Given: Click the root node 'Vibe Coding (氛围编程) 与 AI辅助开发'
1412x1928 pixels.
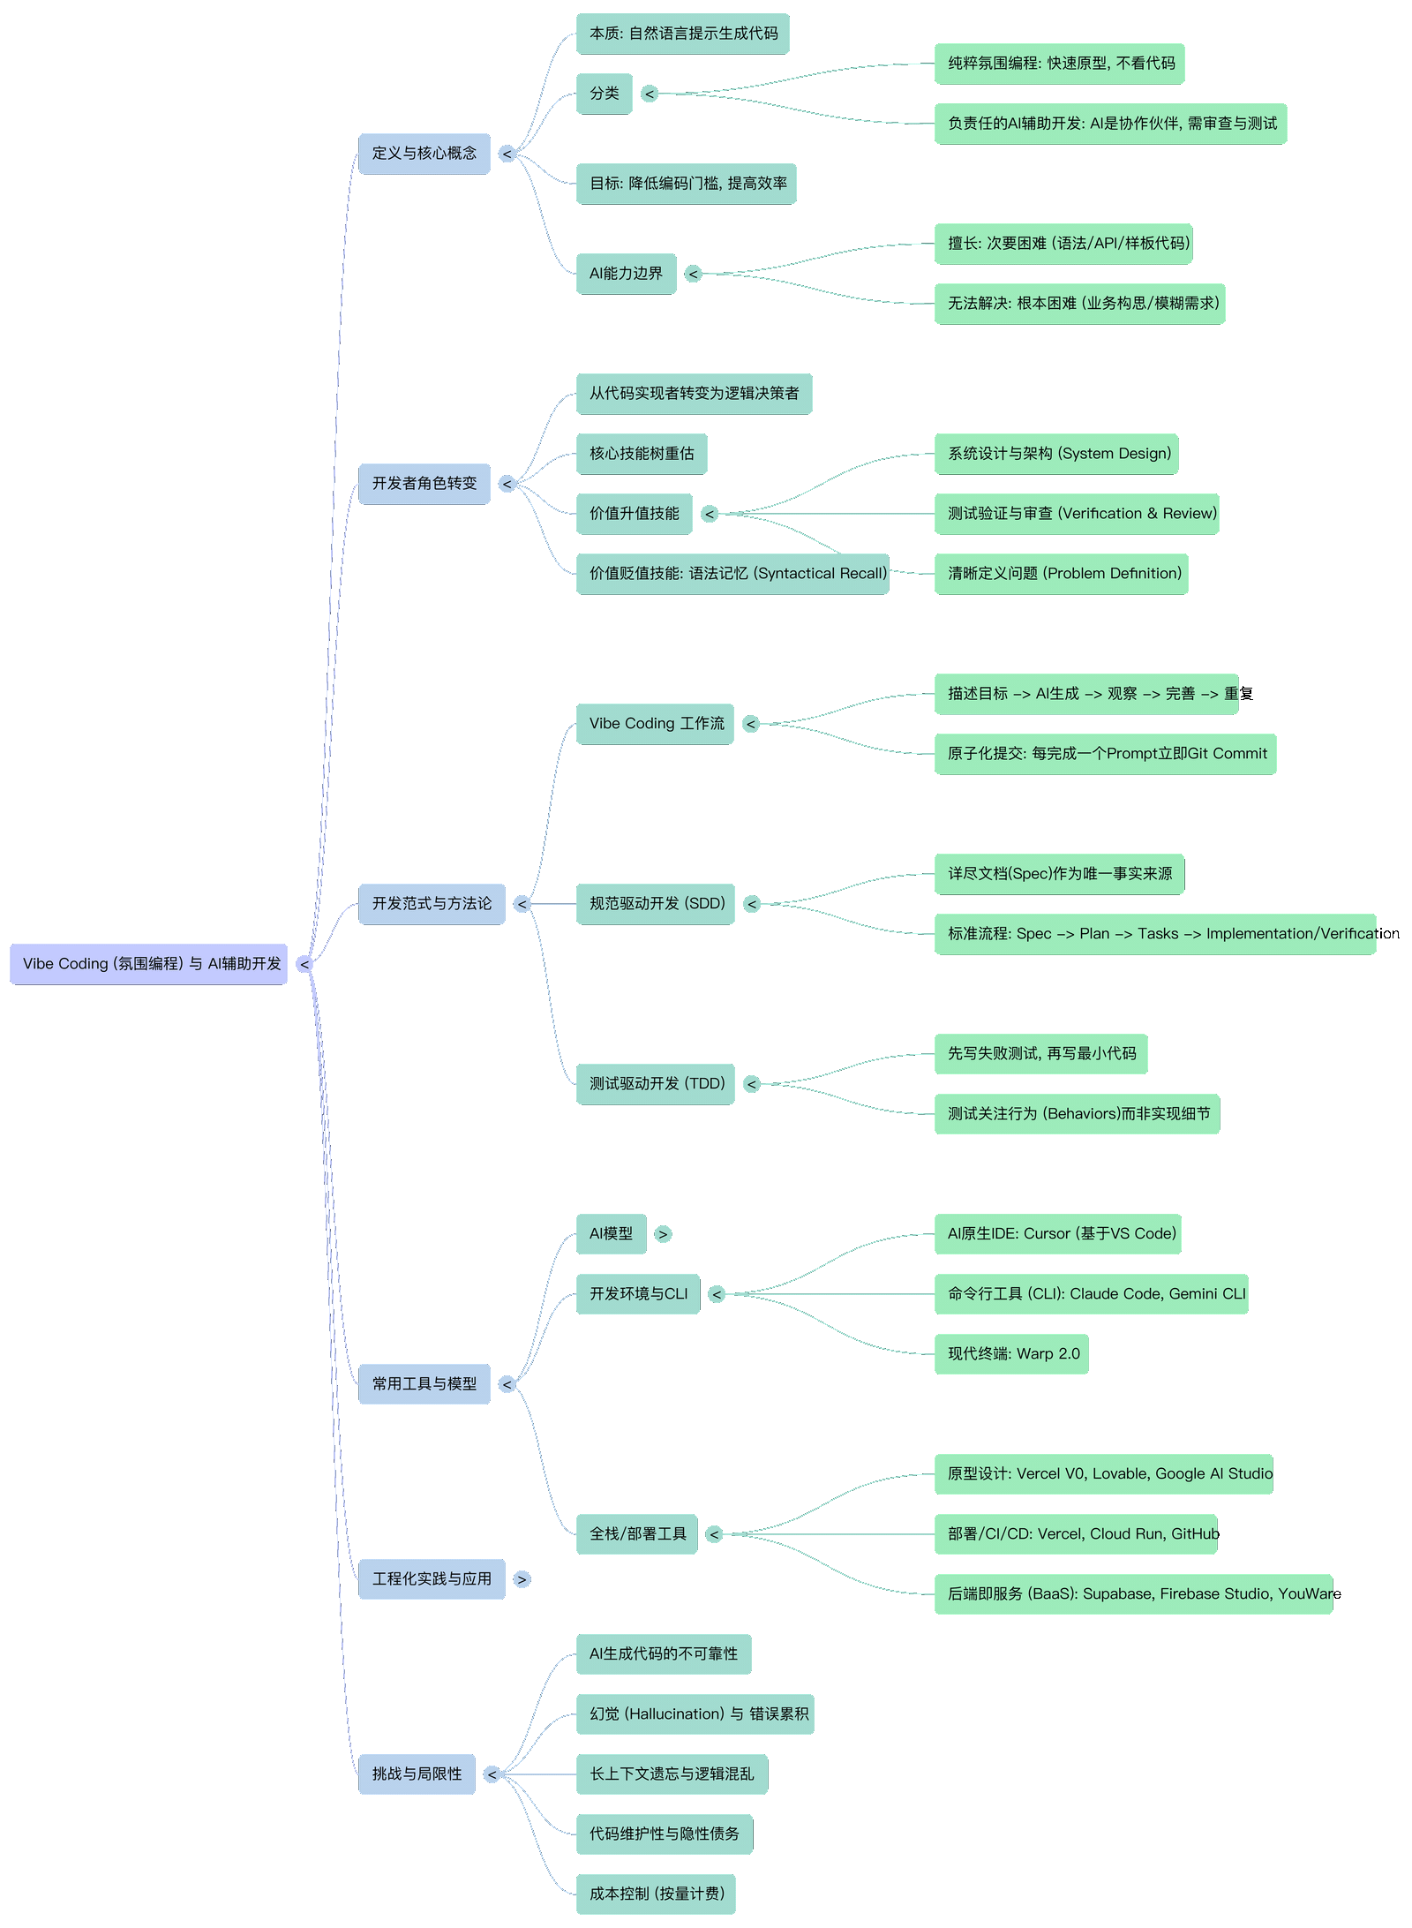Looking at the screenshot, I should (x=148, y=964).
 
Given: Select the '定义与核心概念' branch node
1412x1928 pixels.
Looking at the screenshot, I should (x=424, y=154).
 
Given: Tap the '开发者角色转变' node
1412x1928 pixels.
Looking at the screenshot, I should (x=424, y=484).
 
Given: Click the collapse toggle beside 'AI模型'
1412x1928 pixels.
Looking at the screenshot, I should (x=664, y=1234).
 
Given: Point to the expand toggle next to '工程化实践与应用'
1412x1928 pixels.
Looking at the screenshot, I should (x=522, y=1579).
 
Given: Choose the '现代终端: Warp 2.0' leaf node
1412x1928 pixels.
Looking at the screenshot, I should (x=1011, y=1354).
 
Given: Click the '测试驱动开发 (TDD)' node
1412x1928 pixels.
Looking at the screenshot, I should (x=655, y=1084).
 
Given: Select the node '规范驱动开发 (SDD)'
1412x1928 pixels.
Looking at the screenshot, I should (x=655, y=904).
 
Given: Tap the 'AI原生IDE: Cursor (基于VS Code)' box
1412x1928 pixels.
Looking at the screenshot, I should (x=1057, y=1234).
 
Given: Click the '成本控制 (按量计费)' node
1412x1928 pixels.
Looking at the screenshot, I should (x=655, y=1894).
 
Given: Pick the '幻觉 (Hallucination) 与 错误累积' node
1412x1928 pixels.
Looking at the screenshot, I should (x=695, y=1714).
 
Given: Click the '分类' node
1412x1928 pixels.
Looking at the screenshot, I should (x=605, y=94).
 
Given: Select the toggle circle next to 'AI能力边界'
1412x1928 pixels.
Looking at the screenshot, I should (x=694, y=274).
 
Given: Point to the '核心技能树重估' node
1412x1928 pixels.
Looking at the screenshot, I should (x=642, y=454).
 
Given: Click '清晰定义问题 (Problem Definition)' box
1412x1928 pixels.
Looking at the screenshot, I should (x=1061, y=574).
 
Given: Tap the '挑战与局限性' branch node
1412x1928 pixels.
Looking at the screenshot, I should (x=417, y=1774).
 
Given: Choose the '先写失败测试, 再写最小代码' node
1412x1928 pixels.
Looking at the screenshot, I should (x=1040, y=1054).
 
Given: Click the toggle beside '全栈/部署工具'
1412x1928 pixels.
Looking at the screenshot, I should (x=715, y=1534).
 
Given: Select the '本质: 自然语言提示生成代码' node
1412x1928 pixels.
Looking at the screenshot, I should (x=682, y=34).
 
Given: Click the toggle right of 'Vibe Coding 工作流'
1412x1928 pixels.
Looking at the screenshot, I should (x=751, y=724).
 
